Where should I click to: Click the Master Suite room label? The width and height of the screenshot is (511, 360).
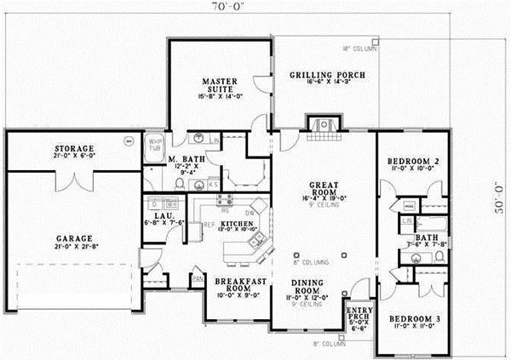click(219, 85)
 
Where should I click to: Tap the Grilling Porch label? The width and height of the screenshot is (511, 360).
click(327, 75)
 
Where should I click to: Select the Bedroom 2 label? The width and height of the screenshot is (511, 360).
click(413, 161)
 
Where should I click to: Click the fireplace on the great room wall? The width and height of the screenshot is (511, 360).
click(322, 125)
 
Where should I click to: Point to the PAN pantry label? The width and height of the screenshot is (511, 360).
click(197, 278)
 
